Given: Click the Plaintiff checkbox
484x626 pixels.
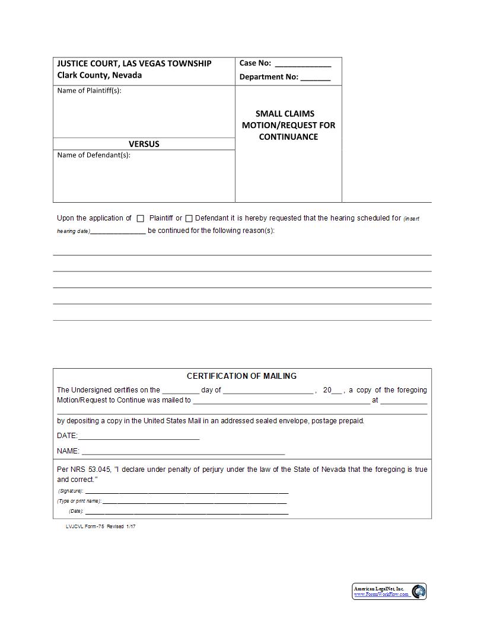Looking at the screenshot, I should coord(141,219).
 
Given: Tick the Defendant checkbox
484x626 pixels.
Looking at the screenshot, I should coord(189,219).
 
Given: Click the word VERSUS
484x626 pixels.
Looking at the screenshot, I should coord(144,144).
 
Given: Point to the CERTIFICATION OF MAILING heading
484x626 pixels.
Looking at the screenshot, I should coord(242,376).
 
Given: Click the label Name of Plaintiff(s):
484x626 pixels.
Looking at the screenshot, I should coord(89,91).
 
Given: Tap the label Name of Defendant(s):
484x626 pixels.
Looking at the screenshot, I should coord(94,155).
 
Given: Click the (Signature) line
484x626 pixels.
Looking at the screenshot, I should coord(187,493).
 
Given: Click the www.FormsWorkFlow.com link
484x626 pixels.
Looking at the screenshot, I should coord(381,594).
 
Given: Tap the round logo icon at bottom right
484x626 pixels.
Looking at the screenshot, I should coord(419,592).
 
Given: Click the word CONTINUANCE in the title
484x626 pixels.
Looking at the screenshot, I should coord(288,137).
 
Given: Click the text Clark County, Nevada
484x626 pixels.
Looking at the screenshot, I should coord(99,75).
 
